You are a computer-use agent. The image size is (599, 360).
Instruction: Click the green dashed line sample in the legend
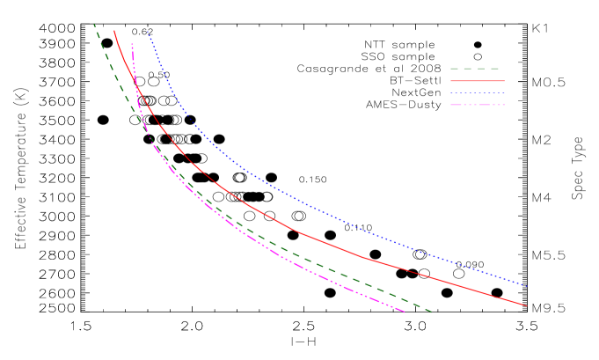pyautogui.click(x=476, y=69)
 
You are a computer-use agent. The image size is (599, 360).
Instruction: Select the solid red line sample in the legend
pyautogui.click(x=477, y=81)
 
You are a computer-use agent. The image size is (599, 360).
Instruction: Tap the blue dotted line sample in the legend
pyautogui.click(x=477, y=92)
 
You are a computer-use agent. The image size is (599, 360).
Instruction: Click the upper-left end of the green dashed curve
pyautogui.click(x=94, y=25)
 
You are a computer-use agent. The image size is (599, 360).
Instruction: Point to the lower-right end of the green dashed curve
pyautogui.click(x=432, y=312)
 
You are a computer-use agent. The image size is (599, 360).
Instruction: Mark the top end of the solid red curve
pyautogui.click(x=114, y=31)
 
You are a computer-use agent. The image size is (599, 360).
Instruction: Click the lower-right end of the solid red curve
pyautogui.click(x=526, y=305)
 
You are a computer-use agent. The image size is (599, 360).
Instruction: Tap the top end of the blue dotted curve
pyautogui.click(x=148, y=32)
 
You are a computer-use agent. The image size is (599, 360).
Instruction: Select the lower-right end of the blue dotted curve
pyautogui.click(x=526, y=285)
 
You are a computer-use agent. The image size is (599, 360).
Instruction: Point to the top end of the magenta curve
pyautogui.click(x=132, y=44)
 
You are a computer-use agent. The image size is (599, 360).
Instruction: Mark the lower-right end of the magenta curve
pyautogui.click(x=404, y=312)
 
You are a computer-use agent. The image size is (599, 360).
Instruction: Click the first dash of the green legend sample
pyautogui.click(x=456, y=69)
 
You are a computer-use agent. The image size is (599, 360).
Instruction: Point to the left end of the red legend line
pyautogui.click(x=451, y=81)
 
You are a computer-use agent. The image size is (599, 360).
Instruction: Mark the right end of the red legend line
pyautogui.click(x=504, y=81)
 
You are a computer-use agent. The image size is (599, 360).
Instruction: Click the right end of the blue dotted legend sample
pyautogui.click(x=504, y=92)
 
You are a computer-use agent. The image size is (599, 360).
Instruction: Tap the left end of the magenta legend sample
pyautogui.click(x=451, y=105)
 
